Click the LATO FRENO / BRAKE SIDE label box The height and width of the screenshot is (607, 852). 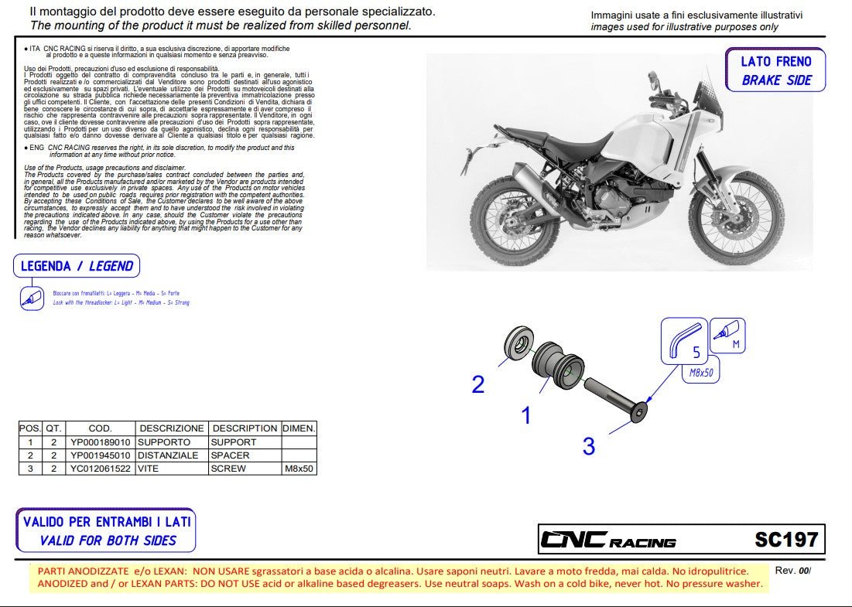775,70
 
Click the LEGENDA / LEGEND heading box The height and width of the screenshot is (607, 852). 77,266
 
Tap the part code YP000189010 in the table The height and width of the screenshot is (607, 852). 101,442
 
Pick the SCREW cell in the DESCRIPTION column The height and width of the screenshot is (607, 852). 229,469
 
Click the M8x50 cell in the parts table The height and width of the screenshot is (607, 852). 298,469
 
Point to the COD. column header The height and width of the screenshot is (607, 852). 101,428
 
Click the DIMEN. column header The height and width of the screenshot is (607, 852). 298,428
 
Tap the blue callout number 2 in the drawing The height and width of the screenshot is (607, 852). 478,384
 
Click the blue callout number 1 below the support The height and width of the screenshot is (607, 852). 526,416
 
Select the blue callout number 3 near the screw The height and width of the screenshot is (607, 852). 589,446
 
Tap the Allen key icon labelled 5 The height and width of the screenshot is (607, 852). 684,341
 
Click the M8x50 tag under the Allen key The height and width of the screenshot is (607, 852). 701,373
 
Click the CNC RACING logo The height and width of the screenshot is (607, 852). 607,541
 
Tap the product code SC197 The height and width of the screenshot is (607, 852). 785,539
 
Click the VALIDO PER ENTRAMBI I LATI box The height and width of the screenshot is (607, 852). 106,531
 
